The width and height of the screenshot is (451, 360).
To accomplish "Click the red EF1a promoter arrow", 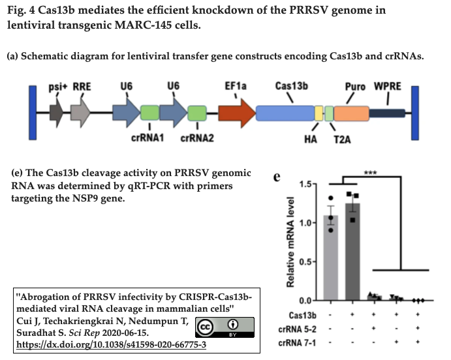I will pyautogui.click(x=237, y=113).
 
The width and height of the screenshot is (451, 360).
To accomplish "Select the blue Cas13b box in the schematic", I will pyautogui.click(x=285, y=113).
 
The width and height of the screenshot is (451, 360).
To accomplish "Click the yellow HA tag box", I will pyautogui.click(x=319, y=113).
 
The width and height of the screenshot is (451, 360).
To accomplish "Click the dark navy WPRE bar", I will pyautogui.click(x=387, y=113).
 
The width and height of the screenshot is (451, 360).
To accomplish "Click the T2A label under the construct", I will pyautogui.click(x=340, y=138).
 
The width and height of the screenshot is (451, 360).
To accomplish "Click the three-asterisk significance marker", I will pyautogui.click(x=370, y=173).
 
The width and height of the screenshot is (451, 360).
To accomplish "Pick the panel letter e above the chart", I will pyautogui.click(x=277, y=177).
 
